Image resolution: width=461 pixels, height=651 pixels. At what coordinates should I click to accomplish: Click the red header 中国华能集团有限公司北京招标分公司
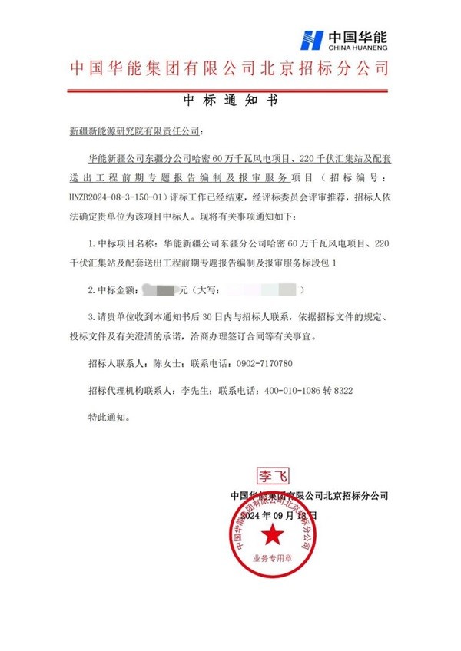[x=230, y=68]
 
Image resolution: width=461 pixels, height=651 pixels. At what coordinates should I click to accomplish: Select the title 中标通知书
[x=230, y=100]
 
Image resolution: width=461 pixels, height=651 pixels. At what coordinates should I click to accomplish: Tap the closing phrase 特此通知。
[x=110, y=418]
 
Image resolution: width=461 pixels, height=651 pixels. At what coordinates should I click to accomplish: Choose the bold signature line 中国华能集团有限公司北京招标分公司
[x=309, y=496]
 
